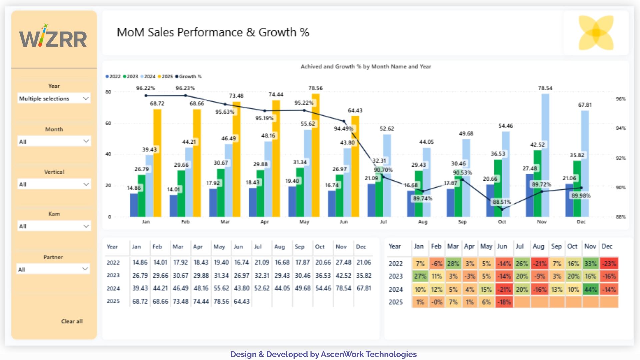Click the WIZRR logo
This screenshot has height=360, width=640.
click(x=53, y=37)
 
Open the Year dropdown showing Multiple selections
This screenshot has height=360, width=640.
click(x=54, y=98)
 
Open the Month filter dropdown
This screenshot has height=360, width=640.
click(x=54, y=141)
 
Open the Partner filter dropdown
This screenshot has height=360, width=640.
click(x=54, y=269)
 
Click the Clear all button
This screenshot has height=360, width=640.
click(x=72, y=321)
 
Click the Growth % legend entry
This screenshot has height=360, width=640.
click(x=189, y=76)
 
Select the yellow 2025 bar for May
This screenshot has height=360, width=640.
click(x=315, y=157)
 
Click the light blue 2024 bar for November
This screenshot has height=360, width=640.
click(x=545, y=157)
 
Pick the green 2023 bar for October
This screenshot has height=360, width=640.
click(x=498, y=188)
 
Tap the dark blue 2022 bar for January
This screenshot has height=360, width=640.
click(x=134, y=205)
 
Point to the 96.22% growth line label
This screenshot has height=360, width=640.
click(x=145, y=88)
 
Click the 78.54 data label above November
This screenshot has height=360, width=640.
click(x=545, y=88)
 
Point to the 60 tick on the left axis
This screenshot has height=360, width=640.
click(x=108, y=123)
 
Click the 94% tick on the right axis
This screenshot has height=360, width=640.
click(x=621, y=128)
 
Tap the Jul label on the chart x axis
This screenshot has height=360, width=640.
click(x=383, y=222)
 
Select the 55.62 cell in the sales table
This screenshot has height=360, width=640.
click(x=221, y=288)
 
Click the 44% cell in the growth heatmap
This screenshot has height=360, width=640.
click(x=590, y=289)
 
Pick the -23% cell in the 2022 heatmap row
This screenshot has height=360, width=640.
click(x=609, y=264)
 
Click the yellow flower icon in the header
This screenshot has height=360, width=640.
click(x=596, y=33)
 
